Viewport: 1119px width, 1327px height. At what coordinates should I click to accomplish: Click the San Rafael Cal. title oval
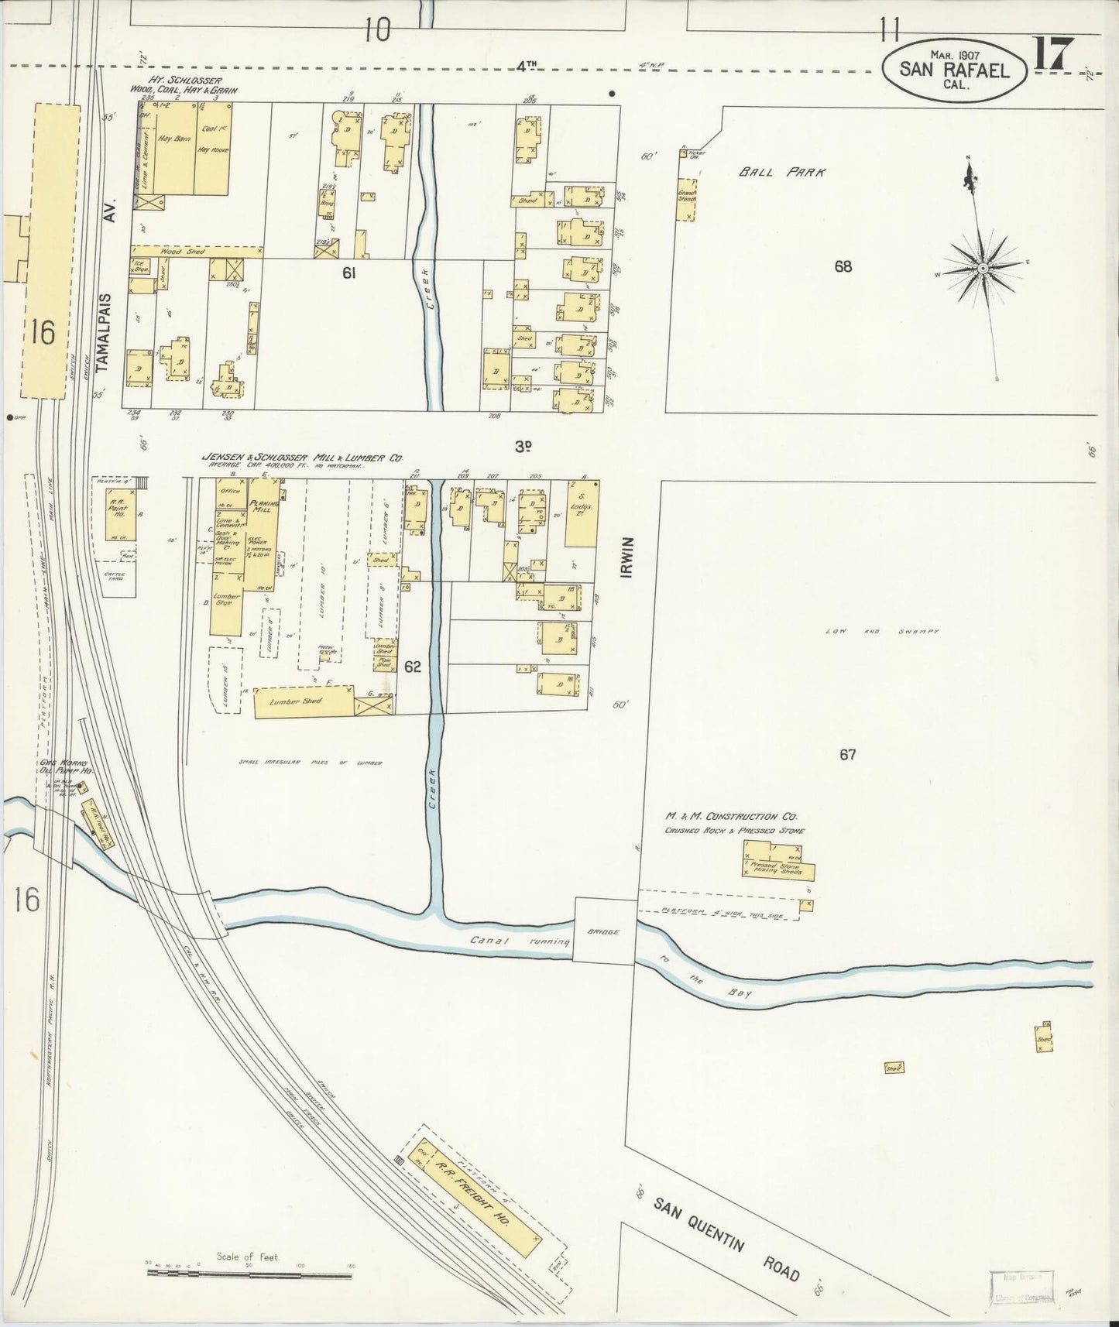(x=954, y=70)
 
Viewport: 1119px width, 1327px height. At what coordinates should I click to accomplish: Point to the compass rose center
(x=982, y=268)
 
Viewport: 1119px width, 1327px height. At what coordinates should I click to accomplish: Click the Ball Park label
(x=781, y=172)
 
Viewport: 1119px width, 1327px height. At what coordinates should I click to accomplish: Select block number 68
(x=843, y=266)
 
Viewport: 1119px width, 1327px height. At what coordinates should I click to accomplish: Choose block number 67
(x=847, y=754)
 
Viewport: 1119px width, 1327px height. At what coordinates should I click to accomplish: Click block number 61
(x=348, y=273)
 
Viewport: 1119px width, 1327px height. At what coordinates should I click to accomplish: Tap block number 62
(x=413, y=666)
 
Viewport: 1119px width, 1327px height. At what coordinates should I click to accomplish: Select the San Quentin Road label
(x=726, y=1239)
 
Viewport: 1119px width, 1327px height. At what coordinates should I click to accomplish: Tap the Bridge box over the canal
(x=604, y=931)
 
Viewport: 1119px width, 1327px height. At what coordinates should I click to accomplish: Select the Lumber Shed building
(x=304, y=701)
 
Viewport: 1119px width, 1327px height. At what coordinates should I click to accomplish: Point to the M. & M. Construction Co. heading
(x=731, y=817)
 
